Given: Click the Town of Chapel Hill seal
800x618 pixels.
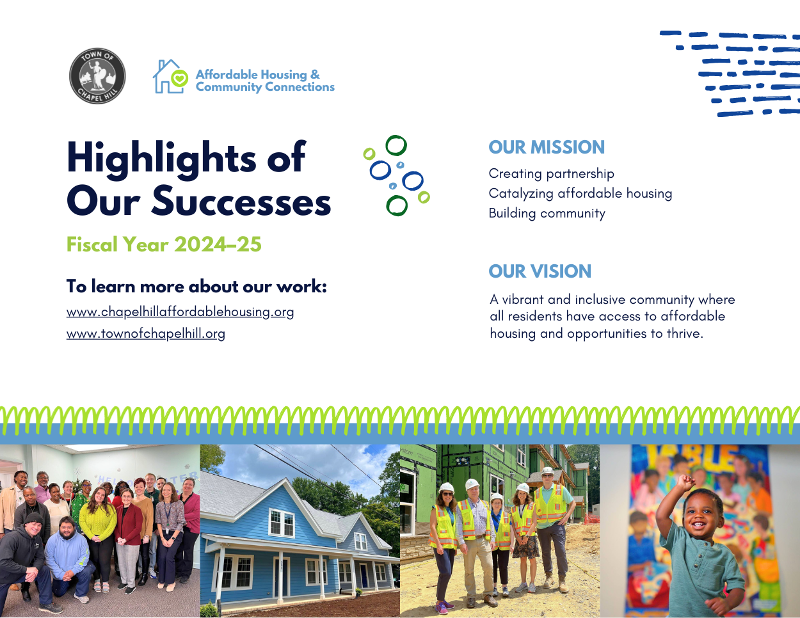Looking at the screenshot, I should click(97, 75).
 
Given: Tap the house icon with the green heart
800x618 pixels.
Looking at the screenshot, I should click(170, 77).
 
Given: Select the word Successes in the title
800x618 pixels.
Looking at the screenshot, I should click(241, 202).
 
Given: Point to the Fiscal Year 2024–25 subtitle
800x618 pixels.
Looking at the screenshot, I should click(164, 244).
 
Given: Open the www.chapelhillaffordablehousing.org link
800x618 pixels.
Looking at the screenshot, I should click(180, 312).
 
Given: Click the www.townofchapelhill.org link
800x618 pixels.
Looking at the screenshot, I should click(145, 333).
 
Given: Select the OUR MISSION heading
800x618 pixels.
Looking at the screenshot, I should click(546, 147).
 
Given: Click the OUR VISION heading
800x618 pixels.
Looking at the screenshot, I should click(540, 271).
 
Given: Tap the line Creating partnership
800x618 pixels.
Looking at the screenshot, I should click(551, 173).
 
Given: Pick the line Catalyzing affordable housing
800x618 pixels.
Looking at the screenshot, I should click(580, 193).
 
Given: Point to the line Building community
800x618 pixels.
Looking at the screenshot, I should click(547, 213).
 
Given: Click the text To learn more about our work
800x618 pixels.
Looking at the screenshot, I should click(196, 287).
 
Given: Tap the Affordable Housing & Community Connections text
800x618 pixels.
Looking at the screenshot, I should click(264, 81).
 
